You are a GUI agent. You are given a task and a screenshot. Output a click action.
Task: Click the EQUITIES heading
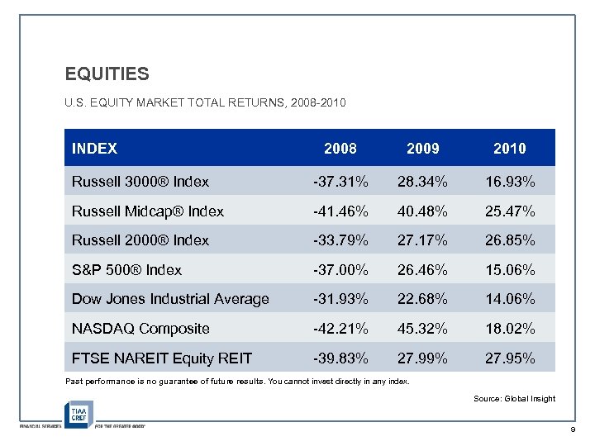click(x=107, y=74)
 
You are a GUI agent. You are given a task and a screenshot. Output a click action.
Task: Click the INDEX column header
click(x=95, y=149)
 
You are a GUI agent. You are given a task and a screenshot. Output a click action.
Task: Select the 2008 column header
click(x=340, y=149)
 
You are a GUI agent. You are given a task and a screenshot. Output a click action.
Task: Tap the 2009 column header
click(x=423, y=149)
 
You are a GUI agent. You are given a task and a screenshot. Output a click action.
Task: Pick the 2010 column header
click(x=509, y=149)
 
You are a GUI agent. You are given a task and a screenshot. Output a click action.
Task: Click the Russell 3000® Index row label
click(x=140, y=182)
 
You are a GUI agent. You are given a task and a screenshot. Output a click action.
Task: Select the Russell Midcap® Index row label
click(x=148, y=211)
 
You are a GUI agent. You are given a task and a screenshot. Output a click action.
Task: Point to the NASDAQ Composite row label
click(x=140, y=329)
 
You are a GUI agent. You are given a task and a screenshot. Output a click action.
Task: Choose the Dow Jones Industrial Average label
click(x=170, y=299)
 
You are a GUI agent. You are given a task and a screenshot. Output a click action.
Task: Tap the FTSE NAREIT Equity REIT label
click(x=161, y=358)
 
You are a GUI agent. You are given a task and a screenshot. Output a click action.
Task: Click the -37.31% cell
click(x=340, y=182)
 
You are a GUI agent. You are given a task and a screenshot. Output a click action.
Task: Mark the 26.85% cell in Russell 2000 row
click(x=509, y=240)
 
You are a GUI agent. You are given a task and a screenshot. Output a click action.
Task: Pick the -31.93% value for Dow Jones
click(x=340, y=299)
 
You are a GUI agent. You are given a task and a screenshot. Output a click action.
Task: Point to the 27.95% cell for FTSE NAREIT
click(x=509, y=358)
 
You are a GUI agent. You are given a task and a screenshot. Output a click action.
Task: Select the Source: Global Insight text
click(x=514, y=399)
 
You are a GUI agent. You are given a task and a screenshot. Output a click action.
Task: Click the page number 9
click(x=571, y=431)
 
